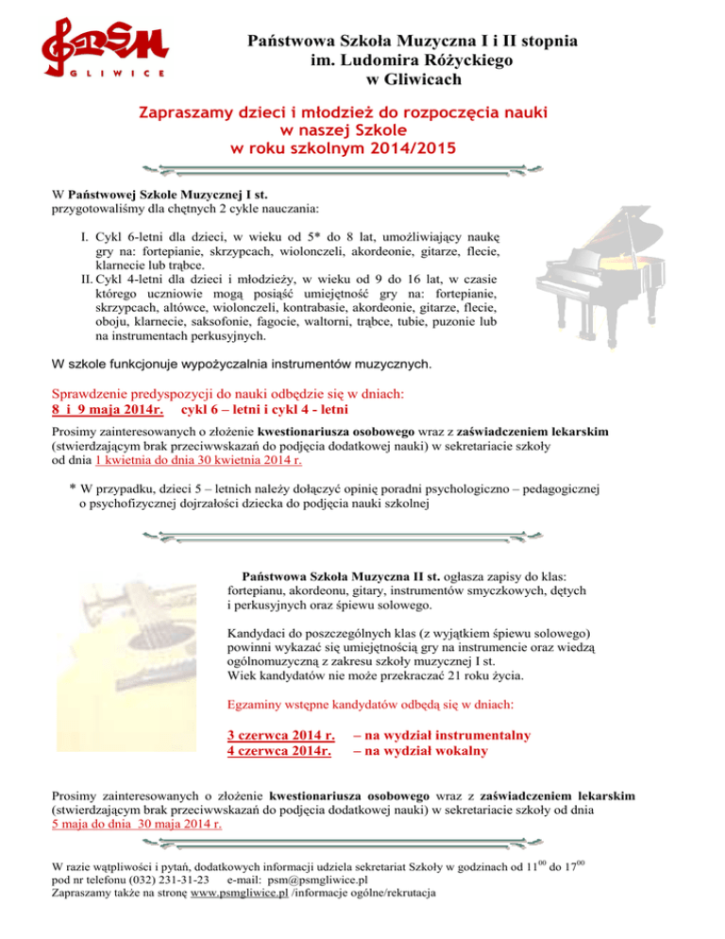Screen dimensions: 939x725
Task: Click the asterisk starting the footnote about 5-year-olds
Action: pos(73,489)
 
